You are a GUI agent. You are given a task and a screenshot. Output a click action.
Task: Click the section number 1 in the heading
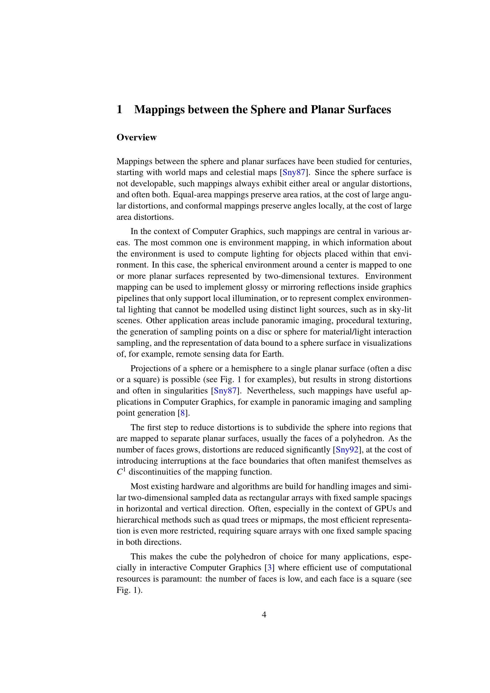119,110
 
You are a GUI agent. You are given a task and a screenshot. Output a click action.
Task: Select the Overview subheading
136,137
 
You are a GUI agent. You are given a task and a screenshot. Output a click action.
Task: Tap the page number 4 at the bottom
264,615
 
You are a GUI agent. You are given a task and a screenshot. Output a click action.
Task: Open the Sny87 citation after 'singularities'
225,391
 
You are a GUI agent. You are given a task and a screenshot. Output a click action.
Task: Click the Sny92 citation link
347,450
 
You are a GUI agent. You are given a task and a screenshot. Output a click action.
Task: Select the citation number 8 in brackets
182,413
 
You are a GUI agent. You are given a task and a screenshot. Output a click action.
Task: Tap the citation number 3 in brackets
269,568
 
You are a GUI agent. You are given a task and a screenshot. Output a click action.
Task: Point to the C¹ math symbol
121,471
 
